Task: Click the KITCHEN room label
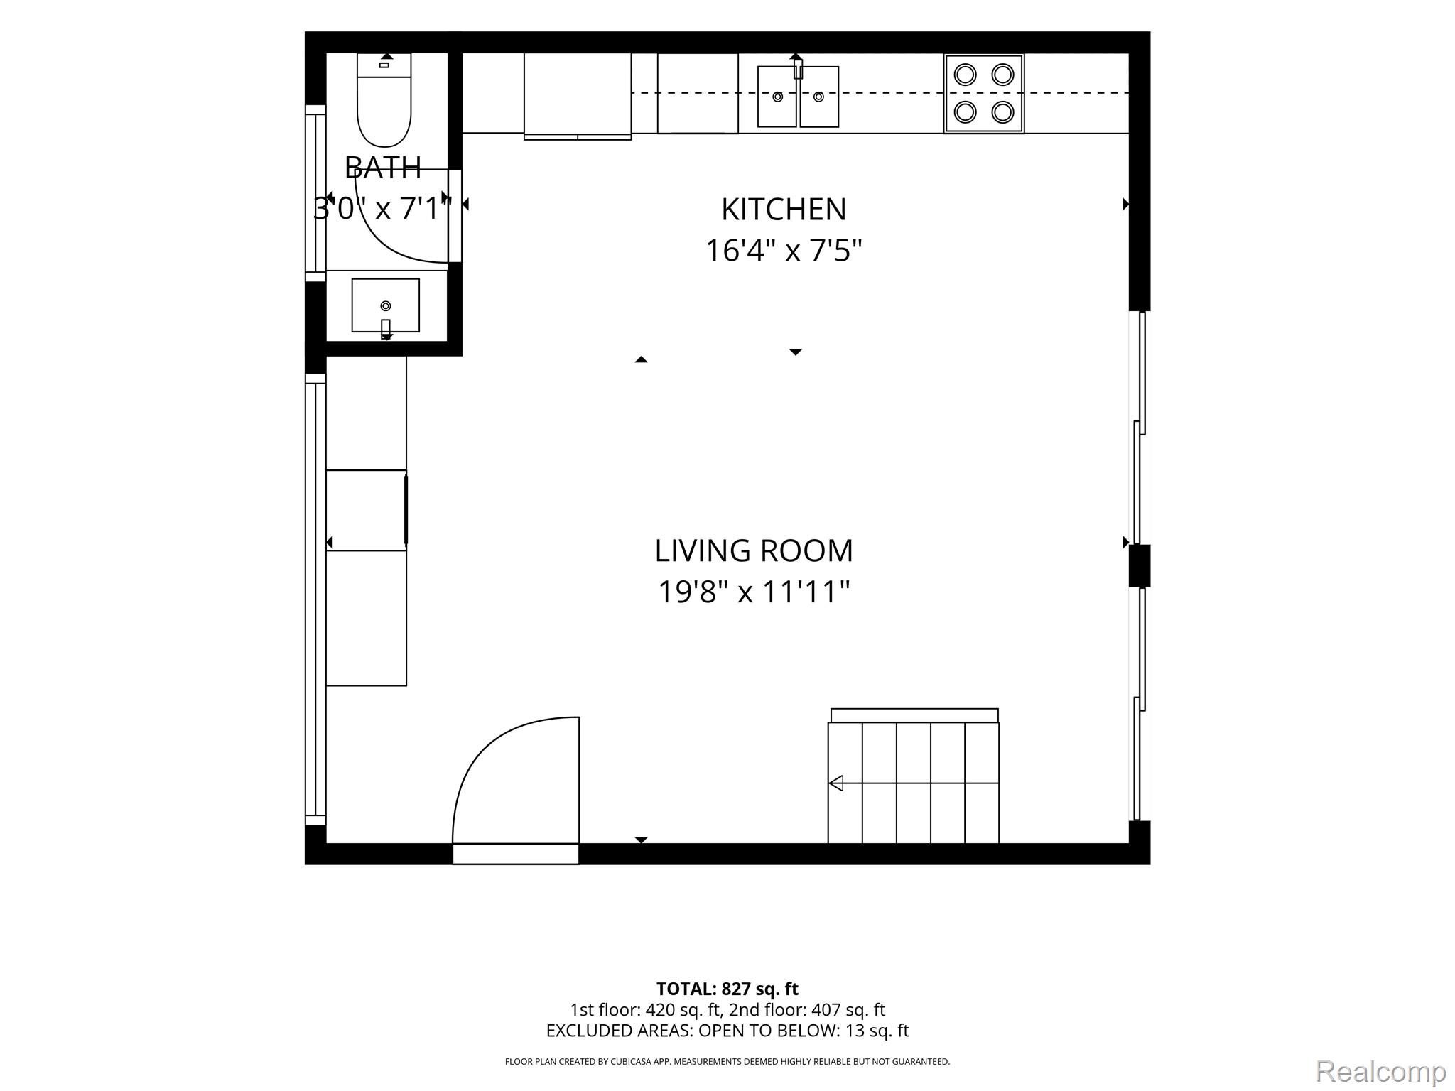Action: [784, 210]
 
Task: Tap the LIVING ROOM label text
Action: [754, 550]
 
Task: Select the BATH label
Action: [383, 168]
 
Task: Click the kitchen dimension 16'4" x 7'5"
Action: [784, 251]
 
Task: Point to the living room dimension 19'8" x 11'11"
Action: [754, 592]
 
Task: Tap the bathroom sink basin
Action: [386, 305]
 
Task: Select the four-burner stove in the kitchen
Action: [984, 94]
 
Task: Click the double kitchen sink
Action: [799, 97]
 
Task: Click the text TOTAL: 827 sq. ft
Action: [727, 989]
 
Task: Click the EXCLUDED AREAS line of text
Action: [727, 1031]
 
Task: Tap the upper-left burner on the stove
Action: [965, 75]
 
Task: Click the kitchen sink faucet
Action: [797, 66]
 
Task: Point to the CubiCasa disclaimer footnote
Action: [727, 1062]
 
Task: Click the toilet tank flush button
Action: [384, 65]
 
